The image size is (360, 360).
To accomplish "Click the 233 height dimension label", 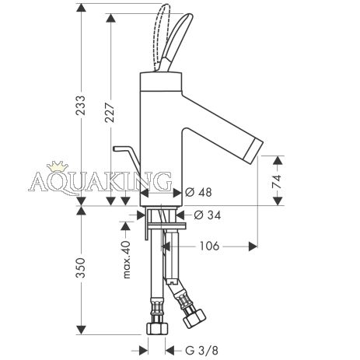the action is pyautogui.click(x=81, y=106).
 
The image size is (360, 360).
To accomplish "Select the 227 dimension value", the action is pyautogui.click(x=110, y=113).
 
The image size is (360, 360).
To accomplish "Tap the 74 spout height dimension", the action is pyautogui.click(x=277, y=181).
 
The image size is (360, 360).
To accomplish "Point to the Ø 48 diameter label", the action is pyautogui.click(x=199, y=192).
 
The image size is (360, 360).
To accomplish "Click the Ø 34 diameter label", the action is pyautogui.click(x=208, y=215).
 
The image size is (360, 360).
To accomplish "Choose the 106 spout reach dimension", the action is pyautogui.click(x=209, y=246).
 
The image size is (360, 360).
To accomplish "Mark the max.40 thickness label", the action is pyautogui.click(x=127, y=260).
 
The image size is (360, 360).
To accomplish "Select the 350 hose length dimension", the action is pyautogui.click(x=81, y=267).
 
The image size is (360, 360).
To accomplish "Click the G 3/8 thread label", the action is pyautogui.click(x=202, y=351).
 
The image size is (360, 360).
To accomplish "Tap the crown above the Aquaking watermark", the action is pyautogui.click(x=56, y=167).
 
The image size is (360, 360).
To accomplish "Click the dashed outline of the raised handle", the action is pyautogui.click(x=161, y=37).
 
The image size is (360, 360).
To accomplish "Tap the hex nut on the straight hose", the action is pyautogui.click(x=157, y=328).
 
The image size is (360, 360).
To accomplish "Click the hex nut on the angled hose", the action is pyautogui.click(x=194, y=318).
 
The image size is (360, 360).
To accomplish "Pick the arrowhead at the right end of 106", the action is pyautogui.click(x=253, y=246).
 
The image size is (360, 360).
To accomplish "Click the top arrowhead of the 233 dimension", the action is pyautogui.click(x=81, y=9).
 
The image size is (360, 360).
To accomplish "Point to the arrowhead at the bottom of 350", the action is pyautogui.click(x=81, y=330).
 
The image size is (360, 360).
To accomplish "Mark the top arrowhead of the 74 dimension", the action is pyautogui.click(x=278, y=161).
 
